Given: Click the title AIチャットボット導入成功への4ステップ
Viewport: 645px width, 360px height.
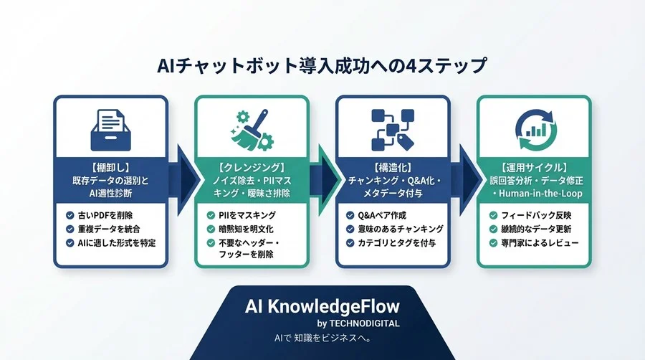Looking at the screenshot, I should (322, 66).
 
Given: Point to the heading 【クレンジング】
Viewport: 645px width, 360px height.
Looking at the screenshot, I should (252, 166).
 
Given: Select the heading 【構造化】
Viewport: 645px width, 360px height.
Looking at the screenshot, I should (393, 166).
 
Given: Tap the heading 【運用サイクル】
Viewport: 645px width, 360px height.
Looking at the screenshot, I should (534, 166).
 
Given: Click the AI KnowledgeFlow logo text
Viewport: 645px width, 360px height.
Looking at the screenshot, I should (322, 307).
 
